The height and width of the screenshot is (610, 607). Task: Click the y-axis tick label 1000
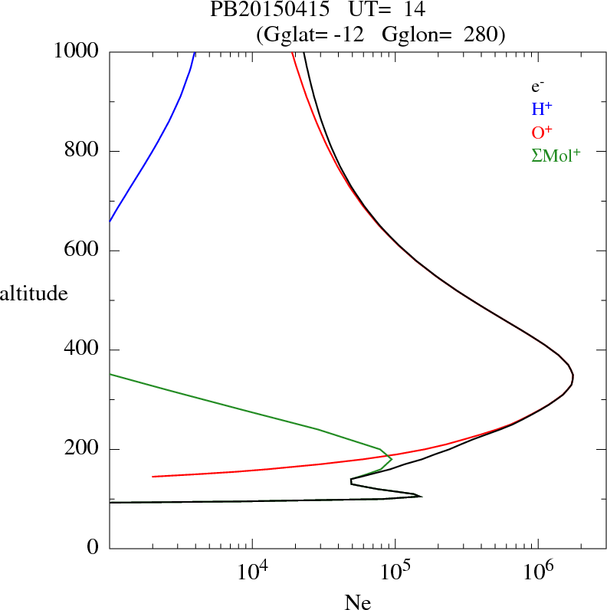[x=77, y=51]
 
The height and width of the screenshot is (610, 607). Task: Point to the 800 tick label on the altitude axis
[x=82, y=151]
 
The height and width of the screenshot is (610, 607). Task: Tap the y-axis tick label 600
[x=82, y=251]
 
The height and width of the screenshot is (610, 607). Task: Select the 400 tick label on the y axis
[x=82, y=350]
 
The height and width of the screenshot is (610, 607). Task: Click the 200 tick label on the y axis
[x=82, y=449]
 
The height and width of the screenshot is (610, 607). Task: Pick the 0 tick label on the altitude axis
[x=93, y=549]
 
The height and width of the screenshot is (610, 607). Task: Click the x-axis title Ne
[x=357, y=602]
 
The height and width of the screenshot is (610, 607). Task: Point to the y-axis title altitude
[x=34, y=294]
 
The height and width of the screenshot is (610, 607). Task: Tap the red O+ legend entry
[x=542, y=132]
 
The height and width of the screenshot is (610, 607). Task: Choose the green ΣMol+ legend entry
[x=556, y=155]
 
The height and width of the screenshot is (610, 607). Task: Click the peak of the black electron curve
[x=573, y=377]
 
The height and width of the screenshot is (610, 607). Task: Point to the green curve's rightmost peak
[x=392, y=459]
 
